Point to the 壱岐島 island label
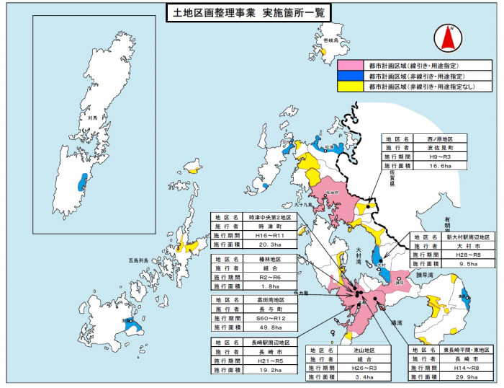tap(330, 42)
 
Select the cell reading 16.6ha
tap(438, 165)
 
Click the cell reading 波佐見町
tap(438, 147)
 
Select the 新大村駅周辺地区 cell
tap(469, 237)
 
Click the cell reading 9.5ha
tap(469, 264)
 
